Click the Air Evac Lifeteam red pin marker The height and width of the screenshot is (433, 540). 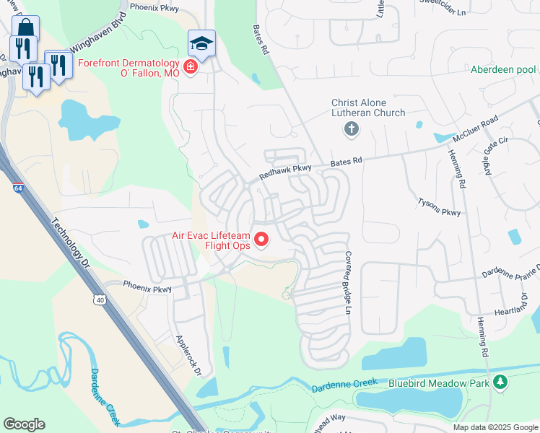click(262, 238)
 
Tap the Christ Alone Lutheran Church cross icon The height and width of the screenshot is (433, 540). click(352, 130)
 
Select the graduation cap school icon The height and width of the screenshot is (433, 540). click(201, 43)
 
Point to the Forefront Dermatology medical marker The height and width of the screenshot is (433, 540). click(191, 68)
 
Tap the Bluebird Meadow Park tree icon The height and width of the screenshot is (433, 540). click(499, 382)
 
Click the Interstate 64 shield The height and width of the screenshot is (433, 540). click(17, 188)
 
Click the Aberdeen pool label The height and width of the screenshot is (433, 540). click(503, 69)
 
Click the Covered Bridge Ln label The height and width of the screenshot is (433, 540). click(347, 282)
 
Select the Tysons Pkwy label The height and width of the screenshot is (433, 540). click(439, 206)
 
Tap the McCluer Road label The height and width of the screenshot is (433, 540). click(476, 128)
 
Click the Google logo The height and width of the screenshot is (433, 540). click(24, 424)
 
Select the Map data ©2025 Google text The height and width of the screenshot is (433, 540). click(495, 427)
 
